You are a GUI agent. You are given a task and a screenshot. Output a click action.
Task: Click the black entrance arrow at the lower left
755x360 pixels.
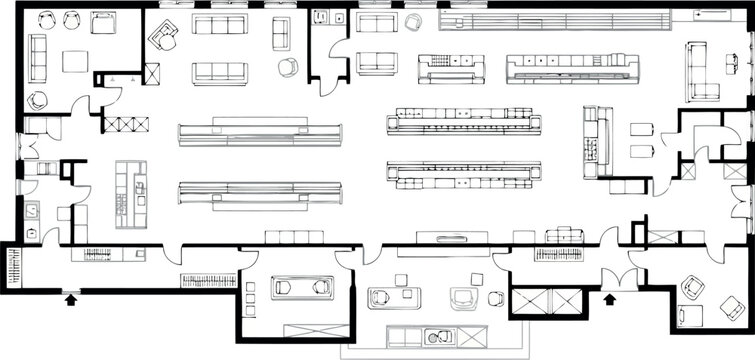tap(69, 296)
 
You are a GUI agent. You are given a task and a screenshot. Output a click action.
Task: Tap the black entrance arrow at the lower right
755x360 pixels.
tap(608, 297)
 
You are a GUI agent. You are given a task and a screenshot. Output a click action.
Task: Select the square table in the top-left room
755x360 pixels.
tap(75, 61)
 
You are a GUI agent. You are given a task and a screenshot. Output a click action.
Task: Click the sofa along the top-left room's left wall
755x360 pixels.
tap(37, 57)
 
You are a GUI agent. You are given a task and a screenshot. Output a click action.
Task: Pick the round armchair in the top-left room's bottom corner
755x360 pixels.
tap(38, 100)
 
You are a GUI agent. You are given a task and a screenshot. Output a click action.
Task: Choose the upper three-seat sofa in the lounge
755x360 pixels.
tap(219, 25)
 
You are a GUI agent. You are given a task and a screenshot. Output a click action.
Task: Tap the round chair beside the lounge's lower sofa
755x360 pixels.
tap(288, 67)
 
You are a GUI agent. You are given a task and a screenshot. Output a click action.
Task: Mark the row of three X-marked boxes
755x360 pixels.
tap(126, 125)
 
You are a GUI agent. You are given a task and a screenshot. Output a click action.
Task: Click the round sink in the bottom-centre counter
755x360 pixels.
tap(432, 337)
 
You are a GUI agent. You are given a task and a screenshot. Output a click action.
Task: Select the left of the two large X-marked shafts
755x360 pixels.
tap(529, 301)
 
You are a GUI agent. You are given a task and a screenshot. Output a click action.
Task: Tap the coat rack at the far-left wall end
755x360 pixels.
tap(12, 269)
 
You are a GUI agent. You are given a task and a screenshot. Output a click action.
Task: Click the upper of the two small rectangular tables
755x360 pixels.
tap(642, 129)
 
